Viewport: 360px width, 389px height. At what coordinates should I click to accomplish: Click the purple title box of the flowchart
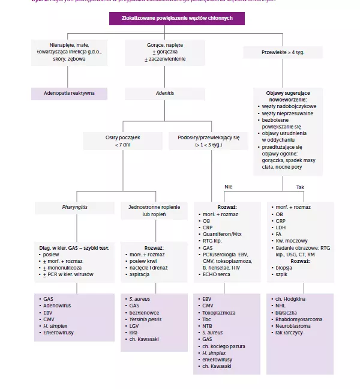point(176,19)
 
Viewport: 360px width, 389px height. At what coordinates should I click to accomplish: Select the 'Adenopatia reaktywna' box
point(69,94)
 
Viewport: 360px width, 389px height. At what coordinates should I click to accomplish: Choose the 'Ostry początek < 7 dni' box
point(114,141)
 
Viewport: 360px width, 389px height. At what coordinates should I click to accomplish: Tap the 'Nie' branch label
point(229,187)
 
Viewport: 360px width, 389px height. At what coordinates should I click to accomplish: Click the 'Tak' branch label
point(300,187)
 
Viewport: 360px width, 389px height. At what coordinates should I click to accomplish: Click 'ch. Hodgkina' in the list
point(291,298)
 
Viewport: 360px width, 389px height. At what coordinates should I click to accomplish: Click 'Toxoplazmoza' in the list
point(219,312)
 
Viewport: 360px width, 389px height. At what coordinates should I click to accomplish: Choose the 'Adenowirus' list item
point(58,305)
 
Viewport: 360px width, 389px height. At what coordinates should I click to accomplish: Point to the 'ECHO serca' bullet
point(217,274)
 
